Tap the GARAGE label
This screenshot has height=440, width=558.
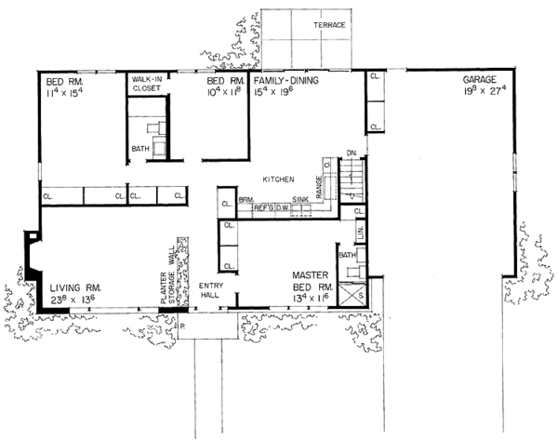tap(481, 81)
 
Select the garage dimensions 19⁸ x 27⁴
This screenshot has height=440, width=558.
tap(482, 92)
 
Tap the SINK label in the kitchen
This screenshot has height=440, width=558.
tap(299, 199)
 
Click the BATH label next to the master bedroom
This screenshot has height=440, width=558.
tap(347, 254)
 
